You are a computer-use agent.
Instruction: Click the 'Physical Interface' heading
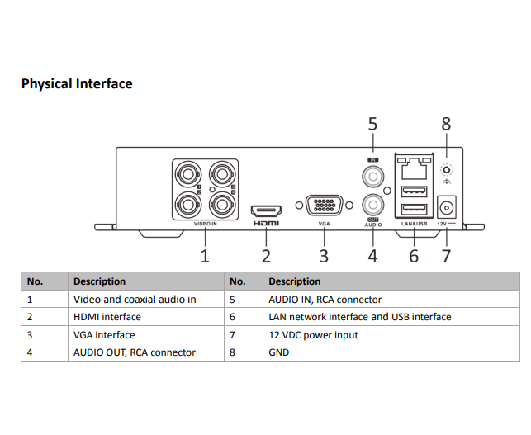[x=77, y=83]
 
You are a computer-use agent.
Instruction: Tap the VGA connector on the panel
[x=324, y=206]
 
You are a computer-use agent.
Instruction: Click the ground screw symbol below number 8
[x=447, y=171]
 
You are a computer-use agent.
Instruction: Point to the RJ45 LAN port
[x=413, y=171]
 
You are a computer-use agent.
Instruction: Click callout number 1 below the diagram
[x=205, y=256]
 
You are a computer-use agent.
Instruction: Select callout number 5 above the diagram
[x=372, y=124]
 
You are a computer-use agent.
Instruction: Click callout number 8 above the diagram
[x=446, y=124]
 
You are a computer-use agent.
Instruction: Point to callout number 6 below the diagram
[x=414, y=256]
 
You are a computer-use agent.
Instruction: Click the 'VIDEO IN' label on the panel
[x=206, y=224]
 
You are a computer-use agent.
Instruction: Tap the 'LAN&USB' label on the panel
[x=413, y=224]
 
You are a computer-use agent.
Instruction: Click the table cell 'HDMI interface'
[x=107, y=317]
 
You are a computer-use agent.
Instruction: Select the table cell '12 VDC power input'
[x=314, y=335]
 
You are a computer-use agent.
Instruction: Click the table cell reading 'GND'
[x=279, y=352]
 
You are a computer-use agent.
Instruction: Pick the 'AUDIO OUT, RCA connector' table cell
[x=135, y=352]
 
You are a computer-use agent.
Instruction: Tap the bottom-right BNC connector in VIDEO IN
[x=220, y=202]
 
